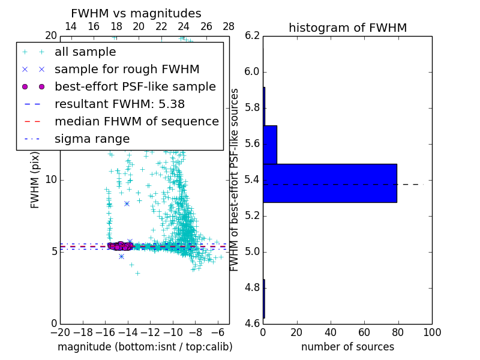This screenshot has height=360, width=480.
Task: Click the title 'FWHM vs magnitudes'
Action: pyautogui.click(x=136, y=13)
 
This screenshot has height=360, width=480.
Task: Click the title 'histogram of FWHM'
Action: pyautogui.click(x=347, y=28)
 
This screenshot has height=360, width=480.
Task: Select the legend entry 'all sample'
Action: pyautogui.click(x=85, y=52)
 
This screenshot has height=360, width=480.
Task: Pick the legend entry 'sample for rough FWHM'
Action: pyautogui.click(x=127, y=69)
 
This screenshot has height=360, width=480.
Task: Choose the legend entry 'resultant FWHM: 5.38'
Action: pyautogui.click(x=119, y=104)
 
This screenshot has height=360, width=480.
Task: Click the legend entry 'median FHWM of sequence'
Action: pyautogui.click(x=136, y=121)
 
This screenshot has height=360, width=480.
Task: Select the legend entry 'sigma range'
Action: pyautogui.click(x=92, y=139)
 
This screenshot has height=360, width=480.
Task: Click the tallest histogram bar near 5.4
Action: pyautogui.click(x=329, y=183)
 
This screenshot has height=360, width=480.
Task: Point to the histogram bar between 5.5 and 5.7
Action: pyautogui.click(x=270, y=145)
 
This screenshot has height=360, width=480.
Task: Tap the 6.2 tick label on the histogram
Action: pyautogui.click(x=252, y=36)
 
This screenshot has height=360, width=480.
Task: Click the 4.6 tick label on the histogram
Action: pyautogui.click(x=252, y=323)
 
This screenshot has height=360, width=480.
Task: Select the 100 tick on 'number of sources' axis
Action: pyautogui.click(x=431, y=332)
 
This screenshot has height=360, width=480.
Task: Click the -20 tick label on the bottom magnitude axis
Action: pyautogui.click(x=60, y=332)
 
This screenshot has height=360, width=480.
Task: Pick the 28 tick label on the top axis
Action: pyautogui.click(x=229, y=27)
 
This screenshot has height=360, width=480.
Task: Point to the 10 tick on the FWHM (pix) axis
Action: pyautogui.click(x=52, y=179)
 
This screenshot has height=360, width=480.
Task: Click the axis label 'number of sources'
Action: pyautogui.click(x=347, y=347)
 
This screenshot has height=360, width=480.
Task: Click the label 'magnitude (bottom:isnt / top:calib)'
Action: pyautogui.click(x=145, y=347)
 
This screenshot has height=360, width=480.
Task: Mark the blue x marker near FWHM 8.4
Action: pyautogui.click(x=127, y=203)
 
